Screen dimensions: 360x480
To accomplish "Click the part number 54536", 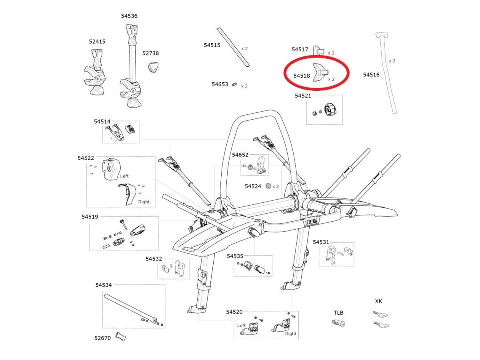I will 129,16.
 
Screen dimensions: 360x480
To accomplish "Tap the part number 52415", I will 97,41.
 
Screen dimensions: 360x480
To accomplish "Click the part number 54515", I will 212,45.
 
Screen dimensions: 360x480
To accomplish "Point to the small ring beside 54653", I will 235,84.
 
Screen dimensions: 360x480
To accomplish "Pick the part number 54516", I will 371,74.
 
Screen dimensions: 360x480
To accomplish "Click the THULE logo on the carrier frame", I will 312,221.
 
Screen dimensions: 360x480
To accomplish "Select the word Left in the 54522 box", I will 125,176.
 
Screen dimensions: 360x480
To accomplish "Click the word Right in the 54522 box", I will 144,202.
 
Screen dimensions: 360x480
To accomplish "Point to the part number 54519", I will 90,216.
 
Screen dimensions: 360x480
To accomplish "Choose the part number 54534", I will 104,285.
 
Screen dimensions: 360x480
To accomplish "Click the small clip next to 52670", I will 121,337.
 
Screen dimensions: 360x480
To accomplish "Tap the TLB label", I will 338,312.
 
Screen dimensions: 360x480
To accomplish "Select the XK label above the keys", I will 378,301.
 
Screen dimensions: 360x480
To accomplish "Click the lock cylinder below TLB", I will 338,323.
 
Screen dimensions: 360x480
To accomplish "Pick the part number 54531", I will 321,242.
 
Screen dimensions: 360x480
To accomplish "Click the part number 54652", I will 240,154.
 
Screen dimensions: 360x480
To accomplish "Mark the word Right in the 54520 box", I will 291,333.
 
